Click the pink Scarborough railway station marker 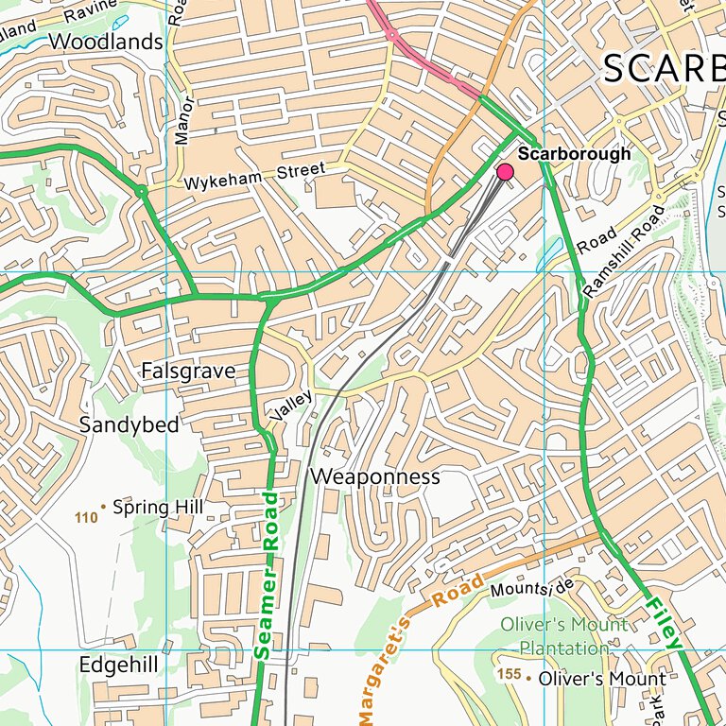coord(505,171)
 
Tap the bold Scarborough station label coord(574,154)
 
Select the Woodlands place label coord(105,43)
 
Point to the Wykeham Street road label coord(254,176)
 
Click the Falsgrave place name coord(187,372)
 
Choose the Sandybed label coord(129,425)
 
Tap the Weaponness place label coord(375,476)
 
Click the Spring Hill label coord(158,508)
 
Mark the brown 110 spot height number coord(86,517)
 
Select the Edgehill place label coord(118,665)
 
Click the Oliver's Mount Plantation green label coord(564,636)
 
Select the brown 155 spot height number coord(510,675)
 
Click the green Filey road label coord(664,621)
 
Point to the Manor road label coord(182,121)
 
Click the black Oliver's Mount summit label coord(602,679)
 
